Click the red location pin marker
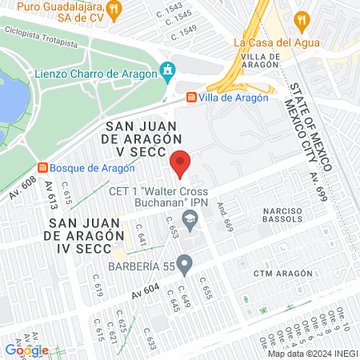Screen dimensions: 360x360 click(180, 163)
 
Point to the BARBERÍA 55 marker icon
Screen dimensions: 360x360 click(185, 262)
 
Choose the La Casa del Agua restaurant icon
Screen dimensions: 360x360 click(302, 19)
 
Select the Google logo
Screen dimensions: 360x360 click(26, 350)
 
